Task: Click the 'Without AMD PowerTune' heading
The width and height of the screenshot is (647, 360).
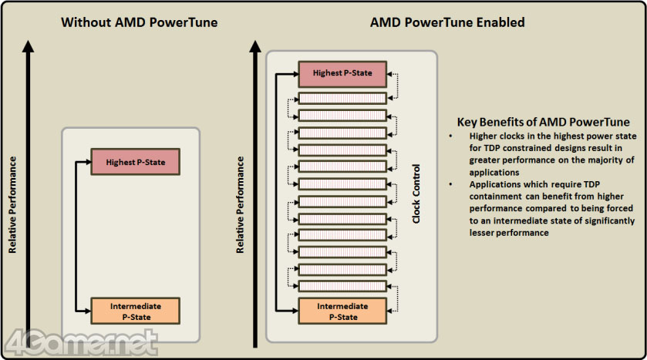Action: click(x=140, y=22)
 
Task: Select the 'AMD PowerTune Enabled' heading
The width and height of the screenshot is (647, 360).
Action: click(x=447, y=22)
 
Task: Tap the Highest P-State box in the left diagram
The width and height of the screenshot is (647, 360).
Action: click(x=136, y=162)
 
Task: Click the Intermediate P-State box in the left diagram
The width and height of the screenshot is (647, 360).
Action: click(x=136, y=311)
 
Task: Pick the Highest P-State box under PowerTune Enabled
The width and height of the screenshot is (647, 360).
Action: click(x=342, y=74)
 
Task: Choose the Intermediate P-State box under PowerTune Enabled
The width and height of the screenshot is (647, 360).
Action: click(x=342, y=311)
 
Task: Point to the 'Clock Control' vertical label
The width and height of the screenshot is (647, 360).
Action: click(x=416, y=193)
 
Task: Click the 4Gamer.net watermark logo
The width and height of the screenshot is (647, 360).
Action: click(x=81, y=342)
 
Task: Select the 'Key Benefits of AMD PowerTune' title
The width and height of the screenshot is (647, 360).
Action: click(x=543, y=122)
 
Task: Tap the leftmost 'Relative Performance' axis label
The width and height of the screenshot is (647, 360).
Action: click(x=12, y=204)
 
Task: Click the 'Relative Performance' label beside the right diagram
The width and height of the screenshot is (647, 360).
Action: click(x=240, y=204)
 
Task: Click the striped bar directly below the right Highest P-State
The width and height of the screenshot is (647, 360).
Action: click(x=342, y=98)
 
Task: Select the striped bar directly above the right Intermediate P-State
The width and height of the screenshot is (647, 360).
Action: click(x=342, y=286)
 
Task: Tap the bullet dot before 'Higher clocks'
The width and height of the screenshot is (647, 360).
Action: click(x=450, y=136)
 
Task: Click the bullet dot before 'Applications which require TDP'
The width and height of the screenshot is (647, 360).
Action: click(x=450, y=184)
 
